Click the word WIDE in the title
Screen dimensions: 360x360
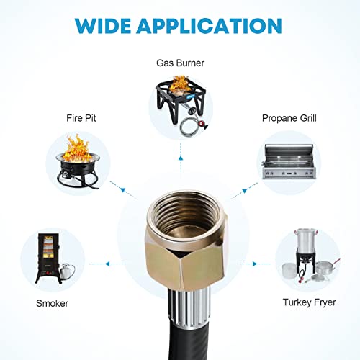[103, 26]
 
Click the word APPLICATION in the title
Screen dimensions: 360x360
[210, 26]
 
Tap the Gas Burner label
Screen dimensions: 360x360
[180, 63]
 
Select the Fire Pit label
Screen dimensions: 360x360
[81, 118]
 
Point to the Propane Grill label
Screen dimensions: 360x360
[289, 118]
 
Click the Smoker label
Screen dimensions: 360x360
[52, 303]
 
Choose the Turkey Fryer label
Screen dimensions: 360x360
[310, 302]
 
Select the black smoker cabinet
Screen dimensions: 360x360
[48, 258]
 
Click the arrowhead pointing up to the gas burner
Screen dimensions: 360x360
[181, 158]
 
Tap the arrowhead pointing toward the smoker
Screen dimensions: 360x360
[107, 264]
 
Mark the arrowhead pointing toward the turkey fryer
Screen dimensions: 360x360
[255, 264]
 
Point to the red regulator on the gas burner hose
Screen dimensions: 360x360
[204, 124]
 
